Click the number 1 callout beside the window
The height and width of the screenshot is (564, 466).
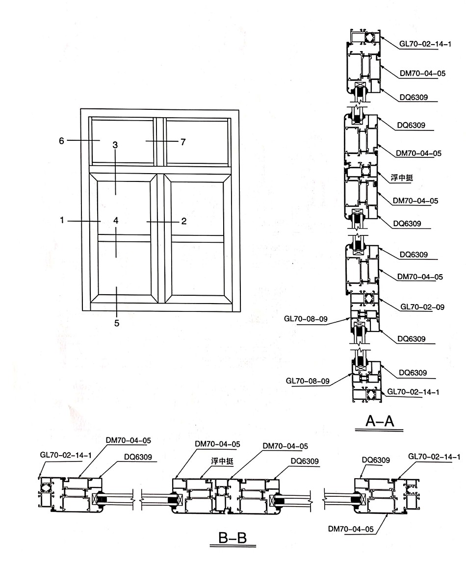click(62, 220)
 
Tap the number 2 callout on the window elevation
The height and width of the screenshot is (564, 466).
click(184, 221)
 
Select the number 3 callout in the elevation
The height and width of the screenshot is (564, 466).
click(115, 145)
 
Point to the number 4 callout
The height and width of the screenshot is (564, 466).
click(116, 220)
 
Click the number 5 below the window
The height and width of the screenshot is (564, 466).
click(117, 323)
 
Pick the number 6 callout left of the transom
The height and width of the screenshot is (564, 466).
click(61, 141)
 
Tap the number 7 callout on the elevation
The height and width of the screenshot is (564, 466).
click(183, 142)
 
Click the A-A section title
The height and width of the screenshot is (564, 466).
click(380, 420)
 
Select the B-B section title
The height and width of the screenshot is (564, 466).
click(233, 538)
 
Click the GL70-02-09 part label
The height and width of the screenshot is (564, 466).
click(422, 307)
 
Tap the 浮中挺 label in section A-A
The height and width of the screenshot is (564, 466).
click(402, 178)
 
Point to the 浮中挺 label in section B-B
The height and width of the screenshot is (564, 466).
click(222, 461)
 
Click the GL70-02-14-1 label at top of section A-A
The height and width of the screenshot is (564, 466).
click(425, 44)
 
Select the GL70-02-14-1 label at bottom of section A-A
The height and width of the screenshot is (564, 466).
click(413, 392)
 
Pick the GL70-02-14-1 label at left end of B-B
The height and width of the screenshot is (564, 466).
click(66, 455)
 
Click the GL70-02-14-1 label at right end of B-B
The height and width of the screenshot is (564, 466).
click(434, 457)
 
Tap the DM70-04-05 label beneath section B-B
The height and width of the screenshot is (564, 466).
click(351, 529)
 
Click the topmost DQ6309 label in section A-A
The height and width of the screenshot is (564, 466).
click(414, 97)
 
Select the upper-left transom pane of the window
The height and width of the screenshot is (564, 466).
click(123, 141)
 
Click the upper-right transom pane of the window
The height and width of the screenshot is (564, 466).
click(197, 142)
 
